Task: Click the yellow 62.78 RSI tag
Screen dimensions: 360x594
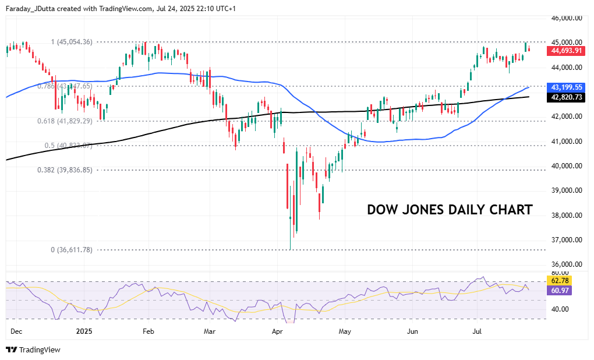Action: [x=558, y=281]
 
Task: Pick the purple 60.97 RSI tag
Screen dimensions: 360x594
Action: [x=558, y=290]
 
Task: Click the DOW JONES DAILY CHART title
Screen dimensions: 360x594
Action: [x=450, y=210]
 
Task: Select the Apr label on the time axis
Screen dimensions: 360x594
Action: [x=277, y=331]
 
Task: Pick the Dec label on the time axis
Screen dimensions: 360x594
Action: [x=16, y=331]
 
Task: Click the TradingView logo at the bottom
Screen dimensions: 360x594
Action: [x=33, y=350]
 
